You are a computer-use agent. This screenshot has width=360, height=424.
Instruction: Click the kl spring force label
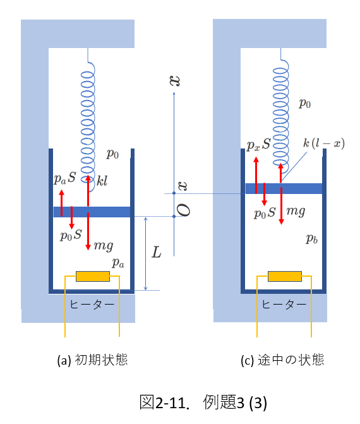[x=102, y=181]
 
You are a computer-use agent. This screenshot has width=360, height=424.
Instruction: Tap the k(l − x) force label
[x=324, y=143]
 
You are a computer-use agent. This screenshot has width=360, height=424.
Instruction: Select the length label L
[x=157, y=252]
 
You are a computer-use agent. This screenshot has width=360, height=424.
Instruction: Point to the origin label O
[x=184, y=210]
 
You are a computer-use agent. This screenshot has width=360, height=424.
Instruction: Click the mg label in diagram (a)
[x=104, y=246]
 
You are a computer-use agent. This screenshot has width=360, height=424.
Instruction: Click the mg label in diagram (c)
[x=296, y=211]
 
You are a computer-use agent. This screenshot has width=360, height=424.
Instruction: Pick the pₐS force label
[x=65, y=178]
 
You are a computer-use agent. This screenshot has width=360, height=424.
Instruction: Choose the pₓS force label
[x=259, y=145]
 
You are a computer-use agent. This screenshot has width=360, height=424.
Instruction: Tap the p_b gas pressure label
[x=311, y=238]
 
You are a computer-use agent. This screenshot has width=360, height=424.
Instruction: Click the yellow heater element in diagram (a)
[x=93, y=276]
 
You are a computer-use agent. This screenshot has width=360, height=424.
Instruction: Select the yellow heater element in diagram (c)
[x=285, y=276]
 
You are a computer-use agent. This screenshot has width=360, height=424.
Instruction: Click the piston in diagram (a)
[x=92, y=212]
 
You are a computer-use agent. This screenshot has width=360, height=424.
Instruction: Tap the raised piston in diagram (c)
[x=284, y=188]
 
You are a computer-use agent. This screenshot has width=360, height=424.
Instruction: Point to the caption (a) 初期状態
[x=92, y=360]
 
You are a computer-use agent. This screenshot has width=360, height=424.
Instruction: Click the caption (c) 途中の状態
[x=282, y=360]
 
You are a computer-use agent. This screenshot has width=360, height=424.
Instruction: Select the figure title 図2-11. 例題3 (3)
[x=203, y=402]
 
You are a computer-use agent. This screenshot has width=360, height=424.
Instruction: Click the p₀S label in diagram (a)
[x=71, y=235]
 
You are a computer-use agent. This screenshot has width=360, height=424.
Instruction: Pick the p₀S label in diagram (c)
[x=265, y=213]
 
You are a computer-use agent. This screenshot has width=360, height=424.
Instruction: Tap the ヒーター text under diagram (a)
[x=92, y=305]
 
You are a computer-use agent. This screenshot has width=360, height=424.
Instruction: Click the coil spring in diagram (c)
[x=281, y=114]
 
